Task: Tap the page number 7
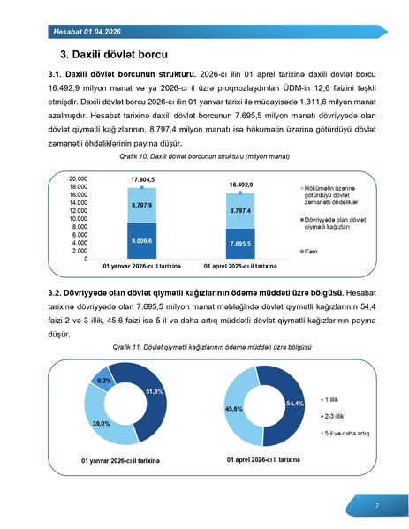[377, 505]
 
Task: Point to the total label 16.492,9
[241, 185]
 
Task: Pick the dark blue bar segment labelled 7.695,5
[241, 243]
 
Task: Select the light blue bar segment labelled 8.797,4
[241, 211]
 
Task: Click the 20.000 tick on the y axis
[77, 178]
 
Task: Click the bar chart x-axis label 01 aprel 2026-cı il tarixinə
[241, 266]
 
